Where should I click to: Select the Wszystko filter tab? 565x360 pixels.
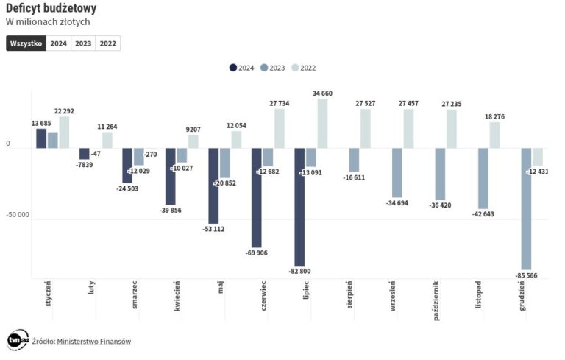click(x=26, y=43)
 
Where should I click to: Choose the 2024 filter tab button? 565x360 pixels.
click(x=58, y=43)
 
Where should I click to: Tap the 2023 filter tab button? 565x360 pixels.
click(x=83, y=43)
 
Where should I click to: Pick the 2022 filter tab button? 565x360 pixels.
click(x=108, y=43)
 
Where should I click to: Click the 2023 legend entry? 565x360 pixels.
click(x=272, y=68)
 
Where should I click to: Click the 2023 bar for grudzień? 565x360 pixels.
click(x=526, y=209)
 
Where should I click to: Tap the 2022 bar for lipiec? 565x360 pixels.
click(x=322, y=124)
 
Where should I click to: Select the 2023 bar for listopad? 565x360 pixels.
click(x=483, y=178)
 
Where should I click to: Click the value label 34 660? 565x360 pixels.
click(x=322, y=93)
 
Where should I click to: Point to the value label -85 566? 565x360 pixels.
click(x=526, y=275)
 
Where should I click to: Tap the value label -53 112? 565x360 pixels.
click(x=213, y=229)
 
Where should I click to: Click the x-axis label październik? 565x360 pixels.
click(x=436, y=297)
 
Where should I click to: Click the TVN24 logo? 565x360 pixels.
click(x=18, y=340)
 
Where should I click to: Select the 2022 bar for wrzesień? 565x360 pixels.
click(x=408, y=129)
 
